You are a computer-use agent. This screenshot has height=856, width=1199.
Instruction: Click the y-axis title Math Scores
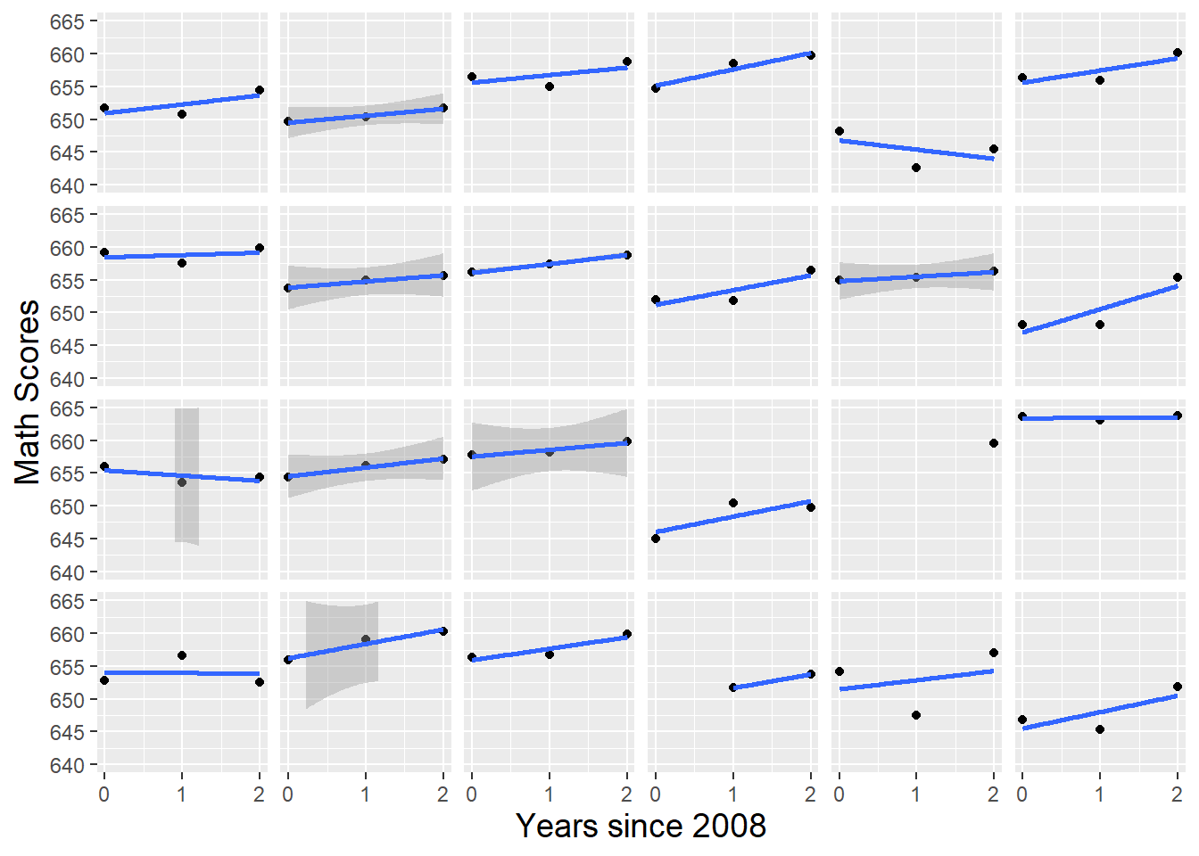coord(27,391)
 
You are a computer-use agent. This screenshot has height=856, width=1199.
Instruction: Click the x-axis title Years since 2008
coord(641,826)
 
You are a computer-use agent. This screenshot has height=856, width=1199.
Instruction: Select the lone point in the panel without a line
coord(994,443)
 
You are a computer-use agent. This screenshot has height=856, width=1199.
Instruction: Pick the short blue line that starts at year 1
coord(772,680)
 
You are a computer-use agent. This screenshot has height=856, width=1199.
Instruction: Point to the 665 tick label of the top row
coord(67,22)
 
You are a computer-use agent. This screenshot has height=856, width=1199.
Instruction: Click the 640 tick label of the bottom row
coord(67,765)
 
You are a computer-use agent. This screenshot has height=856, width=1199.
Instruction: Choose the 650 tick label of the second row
coord(67,314)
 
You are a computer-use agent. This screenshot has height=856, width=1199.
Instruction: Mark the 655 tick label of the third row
coord(67,474)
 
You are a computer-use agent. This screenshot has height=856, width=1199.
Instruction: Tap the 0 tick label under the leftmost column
coord(104,794)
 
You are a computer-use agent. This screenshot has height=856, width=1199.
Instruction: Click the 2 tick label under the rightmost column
coord(1177,794)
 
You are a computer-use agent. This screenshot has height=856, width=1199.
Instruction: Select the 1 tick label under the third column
coord(549,794)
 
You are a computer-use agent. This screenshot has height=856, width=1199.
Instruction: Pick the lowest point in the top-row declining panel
coord(916,168)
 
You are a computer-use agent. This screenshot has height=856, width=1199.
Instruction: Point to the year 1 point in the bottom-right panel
coord(1100,729)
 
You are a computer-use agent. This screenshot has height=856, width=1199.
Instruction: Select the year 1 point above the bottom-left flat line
coord(182,655)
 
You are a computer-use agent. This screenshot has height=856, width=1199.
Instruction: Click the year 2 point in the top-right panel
coord(1178,53)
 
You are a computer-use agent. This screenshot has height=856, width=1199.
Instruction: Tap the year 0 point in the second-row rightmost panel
coord(1022,325)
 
